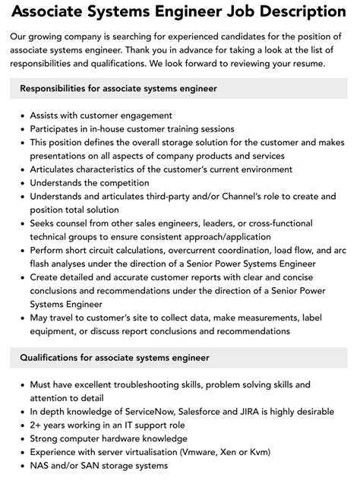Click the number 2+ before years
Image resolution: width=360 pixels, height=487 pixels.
pos(36,425)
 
